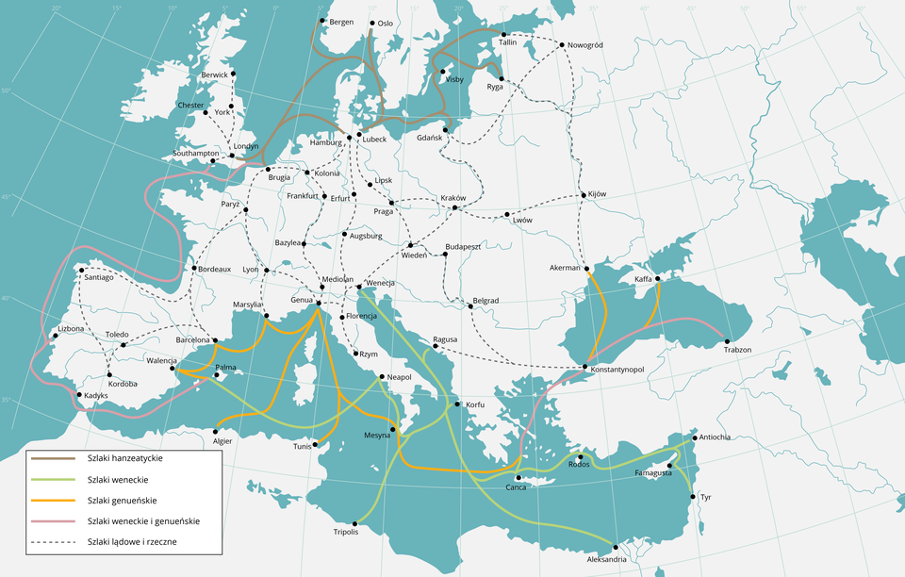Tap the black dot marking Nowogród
pos(562,44)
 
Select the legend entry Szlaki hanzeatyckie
pos(124,458)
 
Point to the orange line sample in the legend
pos(53,500)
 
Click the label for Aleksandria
pos(606,559)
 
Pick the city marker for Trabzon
pos(728,340)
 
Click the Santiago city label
pos(99,278)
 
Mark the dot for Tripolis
pos(354,522)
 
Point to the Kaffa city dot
pos(658,278)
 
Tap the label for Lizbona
pos(71,329)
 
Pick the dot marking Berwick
pos(234,74)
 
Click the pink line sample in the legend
pos(53,520)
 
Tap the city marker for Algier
pos(216,432)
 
